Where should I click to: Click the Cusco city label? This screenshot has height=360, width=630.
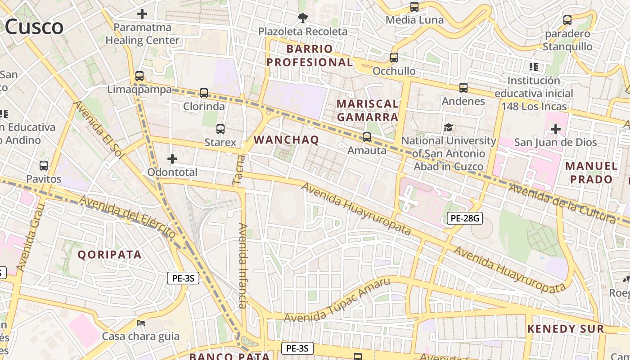[34, 27]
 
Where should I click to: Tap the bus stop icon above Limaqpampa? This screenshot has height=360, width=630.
[139, 76]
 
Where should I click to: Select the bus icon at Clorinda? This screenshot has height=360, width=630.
[204, 93]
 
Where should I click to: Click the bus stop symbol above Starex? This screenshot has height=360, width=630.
[220, 129]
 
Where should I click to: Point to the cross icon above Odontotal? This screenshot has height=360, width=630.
[172, 159]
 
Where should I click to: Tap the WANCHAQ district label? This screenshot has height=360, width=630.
[286, 139]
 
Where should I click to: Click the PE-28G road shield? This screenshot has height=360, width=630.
[465, 219]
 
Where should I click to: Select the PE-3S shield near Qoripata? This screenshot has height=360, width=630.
[183, 278]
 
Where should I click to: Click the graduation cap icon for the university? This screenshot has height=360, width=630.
[448, 127]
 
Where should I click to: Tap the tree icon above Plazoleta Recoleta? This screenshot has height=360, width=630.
[302, 18]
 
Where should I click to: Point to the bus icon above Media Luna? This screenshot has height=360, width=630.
[414, 7]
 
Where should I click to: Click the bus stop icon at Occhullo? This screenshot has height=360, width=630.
[394, 58]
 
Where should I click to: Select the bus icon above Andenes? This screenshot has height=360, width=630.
[463, 88]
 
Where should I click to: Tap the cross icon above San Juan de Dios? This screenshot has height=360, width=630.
[556, 129]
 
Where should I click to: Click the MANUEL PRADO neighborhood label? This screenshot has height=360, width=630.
[591, 172]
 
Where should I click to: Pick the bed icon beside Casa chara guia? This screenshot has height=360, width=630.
[141, 323]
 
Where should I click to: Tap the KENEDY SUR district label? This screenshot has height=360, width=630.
[565, 329]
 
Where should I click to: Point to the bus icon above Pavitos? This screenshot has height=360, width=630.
[44, 165]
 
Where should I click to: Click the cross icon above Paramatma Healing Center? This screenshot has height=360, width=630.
[142, 14]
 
